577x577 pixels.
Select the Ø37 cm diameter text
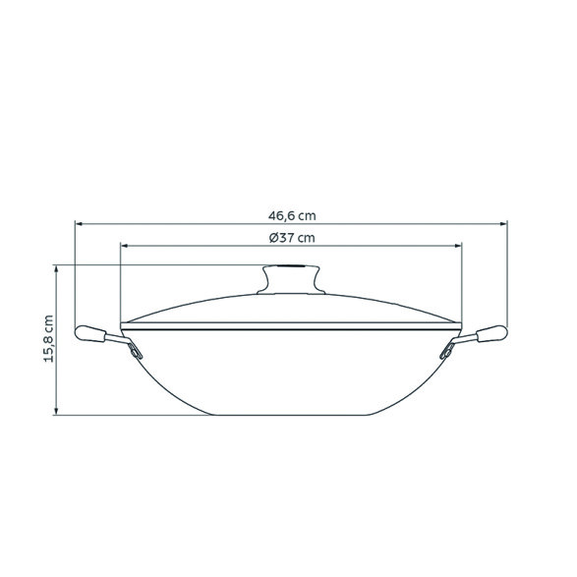[292, 238]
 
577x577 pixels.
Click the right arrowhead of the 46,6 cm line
[507, 223]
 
